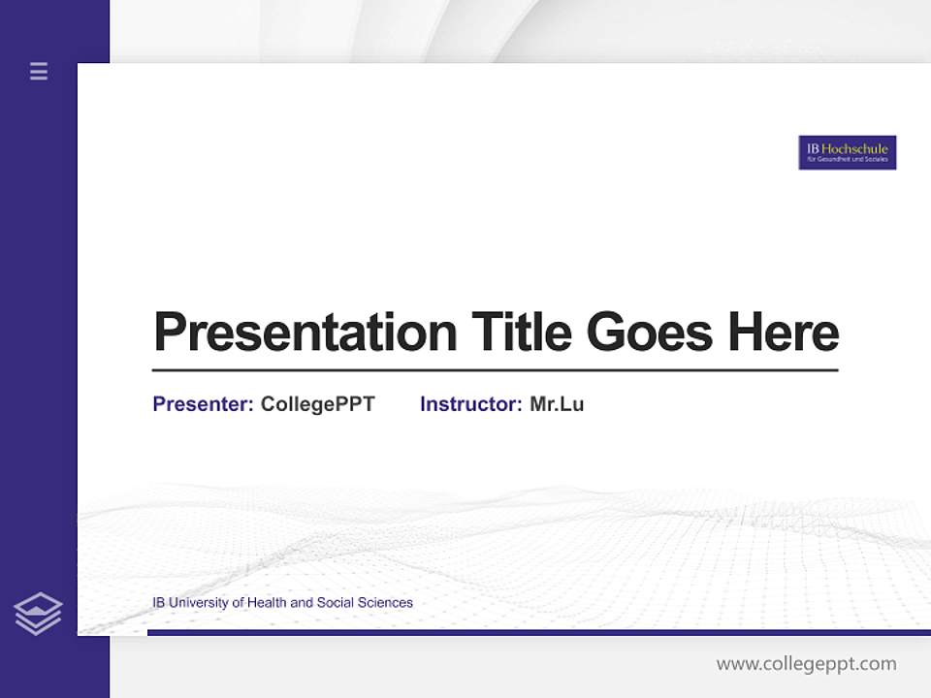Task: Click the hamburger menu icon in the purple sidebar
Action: pyautogui.click(x=39, y=71)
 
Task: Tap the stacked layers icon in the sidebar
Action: pyautogui.click(x=38, y=614)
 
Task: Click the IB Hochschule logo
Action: pyautogui.click(x=847, y=152)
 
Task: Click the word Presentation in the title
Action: pyautogui.click(x=305, y=333)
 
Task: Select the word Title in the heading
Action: pyautogui.click(x=521, y=333)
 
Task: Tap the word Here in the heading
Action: pyautogui.click(x=783, y=333)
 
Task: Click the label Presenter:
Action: pyautogui.click(x=203, y=404)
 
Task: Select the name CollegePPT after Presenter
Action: pyautogui.click(x=317, y=404)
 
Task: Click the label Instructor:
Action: pyautogui.click(x=470, y=404)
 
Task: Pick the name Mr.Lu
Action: pyautogui.click(x=557, y=404)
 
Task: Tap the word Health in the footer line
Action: pyautogui.click(x=267, y=603)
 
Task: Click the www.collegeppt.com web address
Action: pyautogui.click(x=806, y=664)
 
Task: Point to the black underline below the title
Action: pyautogui.click(x=495, y=370)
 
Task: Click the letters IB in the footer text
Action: pyautogui.click(x=159, y=603)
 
